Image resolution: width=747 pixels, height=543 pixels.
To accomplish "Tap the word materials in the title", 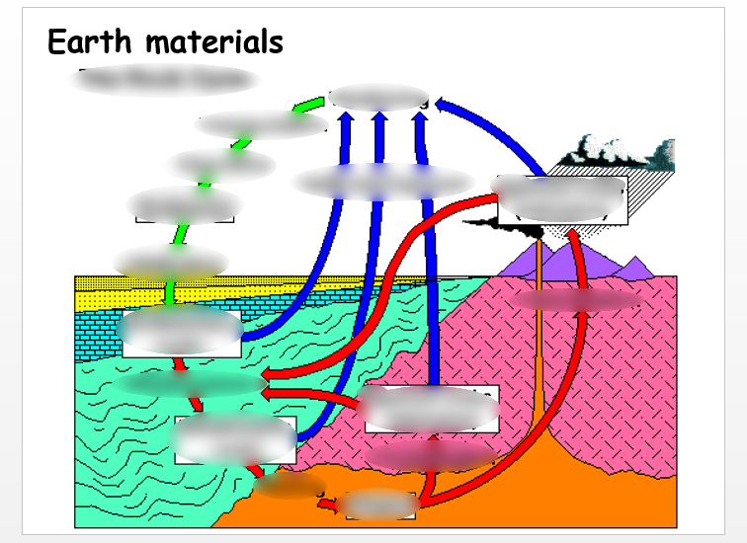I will [208, 42].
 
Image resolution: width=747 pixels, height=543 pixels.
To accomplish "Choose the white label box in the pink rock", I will [431, 409].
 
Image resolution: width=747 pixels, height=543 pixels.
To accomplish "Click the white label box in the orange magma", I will [379, 505].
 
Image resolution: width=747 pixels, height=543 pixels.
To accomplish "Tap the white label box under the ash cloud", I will [561, 199].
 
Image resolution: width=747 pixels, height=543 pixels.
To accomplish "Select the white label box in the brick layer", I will [181, 333].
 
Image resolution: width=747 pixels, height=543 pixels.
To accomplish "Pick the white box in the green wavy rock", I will [235, 439].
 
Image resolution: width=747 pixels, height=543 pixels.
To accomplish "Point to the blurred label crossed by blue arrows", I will [383, 182].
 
